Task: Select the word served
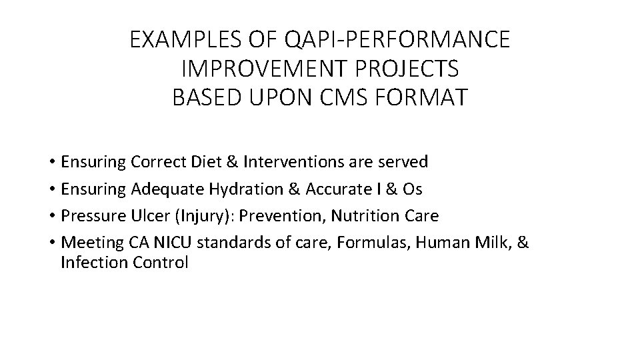(405, 162)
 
